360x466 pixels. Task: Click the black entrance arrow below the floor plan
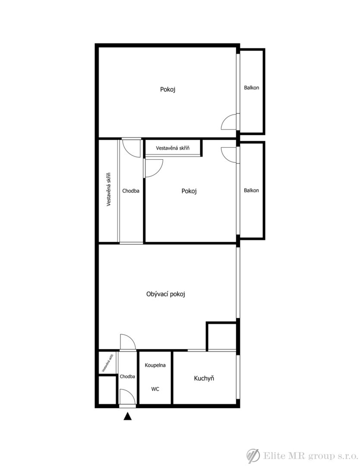(127, 416)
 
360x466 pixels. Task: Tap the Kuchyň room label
(204, 378)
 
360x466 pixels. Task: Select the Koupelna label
(155, 365)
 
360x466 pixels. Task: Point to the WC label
(155, 389)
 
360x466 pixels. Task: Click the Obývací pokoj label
(166, 294)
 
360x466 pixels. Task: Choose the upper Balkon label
(252, 88)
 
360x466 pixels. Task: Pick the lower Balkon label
(252, 191)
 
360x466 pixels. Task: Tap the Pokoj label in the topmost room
(167, 89)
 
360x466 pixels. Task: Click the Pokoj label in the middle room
(189, 191)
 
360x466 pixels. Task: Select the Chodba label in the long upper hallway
(131, 191)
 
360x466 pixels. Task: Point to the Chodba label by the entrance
(127, 377)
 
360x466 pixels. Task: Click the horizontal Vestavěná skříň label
(173, 148)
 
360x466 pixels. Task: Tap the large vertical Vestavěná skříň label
(109, 189)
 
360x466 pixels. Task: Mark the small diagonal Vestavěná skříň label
(107, 363)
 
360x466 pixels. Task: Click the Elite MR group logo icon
(253, 456)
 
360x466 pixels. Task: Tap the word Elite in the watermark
(272, 456)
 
